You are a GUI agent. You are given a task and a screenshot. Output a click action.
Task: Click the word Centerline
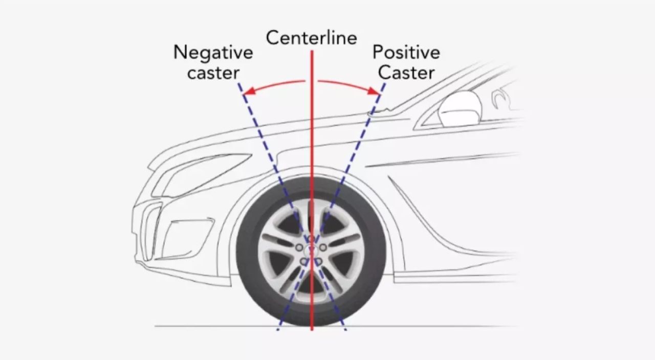point(312,38)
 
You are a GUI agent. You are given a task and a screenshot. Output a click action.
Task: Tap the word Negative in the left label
point(213,52)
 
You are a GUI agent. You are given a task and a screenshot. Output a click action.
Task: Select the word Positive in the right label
point(406,52)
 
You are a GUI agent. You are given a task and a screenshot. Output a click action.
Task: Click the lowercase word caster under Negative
point(213,73)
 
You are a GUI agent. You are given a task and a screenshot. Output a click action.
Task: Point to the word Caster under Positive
point(406,73)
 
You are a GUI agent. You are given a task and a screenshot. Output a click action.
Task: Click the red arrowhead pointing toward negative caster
point(247,93)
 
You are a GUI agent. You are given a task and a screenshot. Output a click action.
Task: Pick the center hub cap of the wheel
point(311,250)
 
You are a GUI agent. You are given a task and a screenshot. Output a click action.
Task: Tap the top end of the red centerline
point(312,52)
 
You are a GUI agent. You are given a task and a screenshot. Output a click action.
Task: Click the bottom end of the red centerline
point(312,329)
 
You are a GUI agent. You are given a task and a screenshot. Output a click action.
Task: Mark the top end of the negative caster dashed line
point(239,83)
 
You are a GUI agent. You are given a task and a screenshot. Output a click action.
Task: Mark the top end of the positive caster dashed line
point(384,83)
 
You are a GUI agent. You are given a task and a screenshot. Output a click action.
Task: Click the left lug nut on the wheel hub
point(299,247)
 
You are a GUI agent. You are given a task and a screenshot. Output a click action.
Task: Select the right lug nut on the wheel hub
point(323,247)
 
